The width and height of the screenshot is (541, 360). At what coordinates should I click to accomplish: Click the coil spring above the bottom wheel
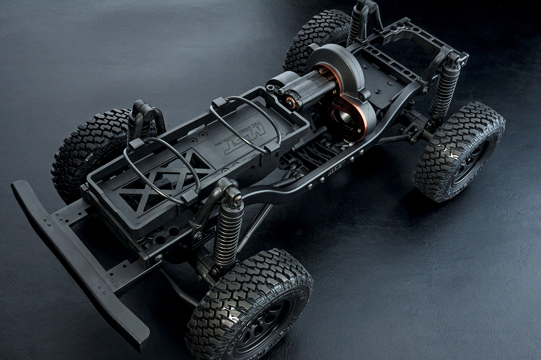pos(227,235)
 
